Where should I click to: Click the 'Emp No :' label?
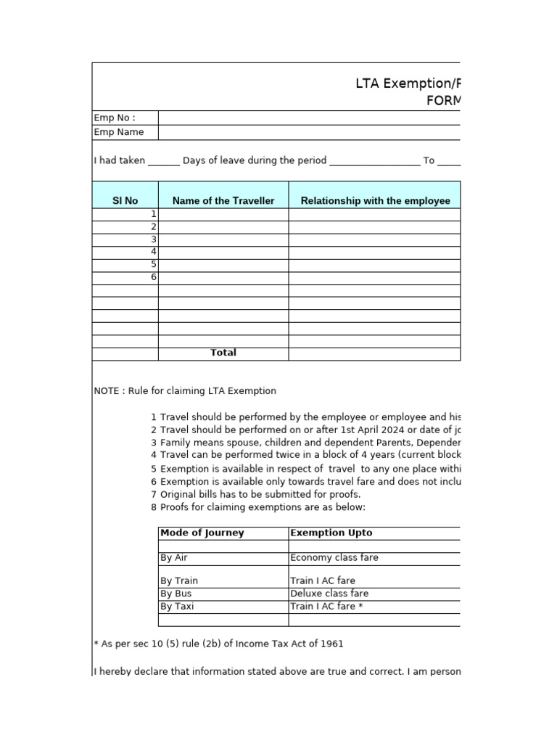[115, 118]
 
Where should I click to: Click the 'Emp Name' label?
[119, 132]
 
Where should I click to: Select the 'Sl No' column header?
[125, 201]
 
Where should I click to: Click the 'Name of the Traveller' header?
[223, 201]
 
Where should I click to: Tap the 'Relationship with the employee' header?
[375, 201]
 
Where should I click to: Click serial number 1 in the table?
[153, 214]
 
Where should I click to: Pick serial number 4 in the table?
[153, 252]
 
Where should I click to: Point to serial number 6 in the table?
[153, 277]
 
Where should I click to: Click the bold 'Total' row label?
[223, 353]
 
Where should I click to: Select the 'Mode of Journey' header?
[202, 533]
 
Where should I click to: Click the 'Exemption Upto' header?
[331, 533]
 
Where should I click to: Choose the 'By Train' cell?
[179, 581]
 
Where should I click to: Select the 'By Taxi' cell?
[178, 607]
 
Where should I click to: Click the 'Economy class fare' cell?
[334, 558]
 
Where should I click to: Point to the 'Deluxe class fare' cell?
[329, 594]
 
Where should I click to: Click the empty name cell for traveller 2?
[223, 227]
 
